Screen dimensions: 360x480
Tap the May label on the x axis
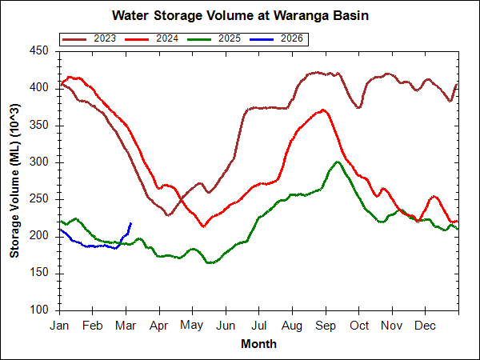[191, 326]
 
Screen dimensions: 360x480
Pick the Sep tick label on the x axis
[326, 326]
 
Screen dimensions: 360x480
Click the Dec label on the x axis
[426, 326]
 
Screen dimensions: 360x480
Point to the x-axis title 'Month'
[258, 344]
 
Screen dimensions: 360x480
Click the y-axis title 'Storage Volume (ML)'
[15, 181]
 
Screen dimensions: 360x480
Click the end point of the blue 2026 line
[130, 223]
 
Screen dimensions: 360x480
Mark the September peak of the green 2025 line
[338, 162]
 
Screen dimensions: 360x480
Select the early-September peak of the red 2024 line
[322, 110]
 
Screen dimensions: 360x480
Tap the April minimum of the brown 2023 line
[168, 214]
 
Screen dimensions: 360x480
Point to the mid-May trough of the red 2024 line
[203, 226]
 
